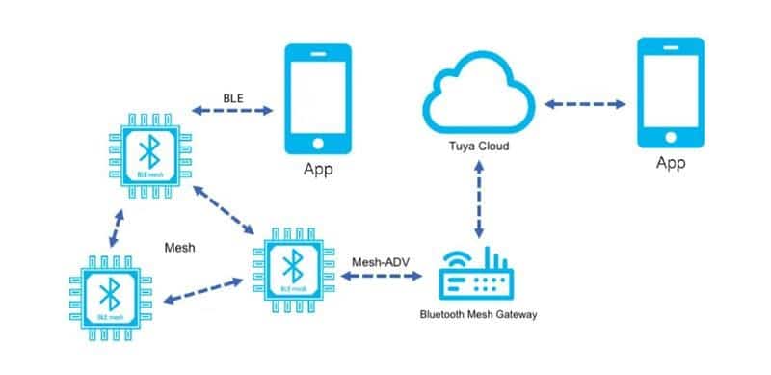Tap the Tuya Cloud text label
pyautogui.click(x=479, y=147)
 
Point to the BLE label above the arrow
pyautogui.click(x=233, y=97)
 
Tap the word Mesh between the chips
pyautogui.click(x=180, y=247)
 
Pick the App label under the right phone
pyautogui.click(x=671, y=163)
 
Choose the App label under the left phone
pyautogui.click(x=318, y=172)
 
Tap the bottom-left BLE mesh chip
pyautogui.click(x=110, y=293)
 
